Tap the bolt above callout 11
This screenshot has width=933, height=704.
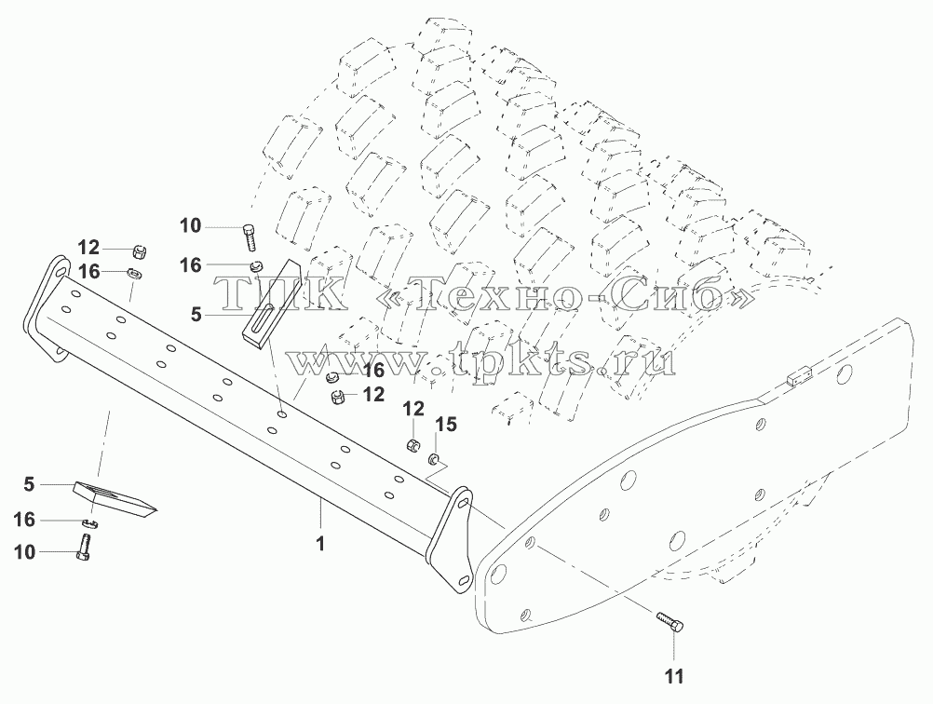670,622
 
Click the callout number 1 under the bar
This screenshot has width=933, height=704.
320,543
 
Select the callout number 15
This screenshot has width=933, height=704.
446,425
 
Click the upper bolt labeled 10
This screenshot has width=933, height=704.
250,238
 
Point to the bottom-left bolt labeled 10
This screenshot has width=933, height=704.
83,548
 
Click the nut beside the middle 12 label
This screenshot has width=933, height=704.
338,396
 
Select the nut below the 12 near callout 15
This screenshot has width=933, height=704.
412,444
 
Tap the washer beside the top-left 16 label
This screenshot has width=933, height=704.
134,275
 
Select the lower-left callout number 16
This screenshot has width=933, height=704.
24,521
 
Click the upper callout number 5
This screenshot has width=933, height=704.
196,314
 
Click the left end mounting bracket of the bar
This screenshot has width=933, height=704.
47,309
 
